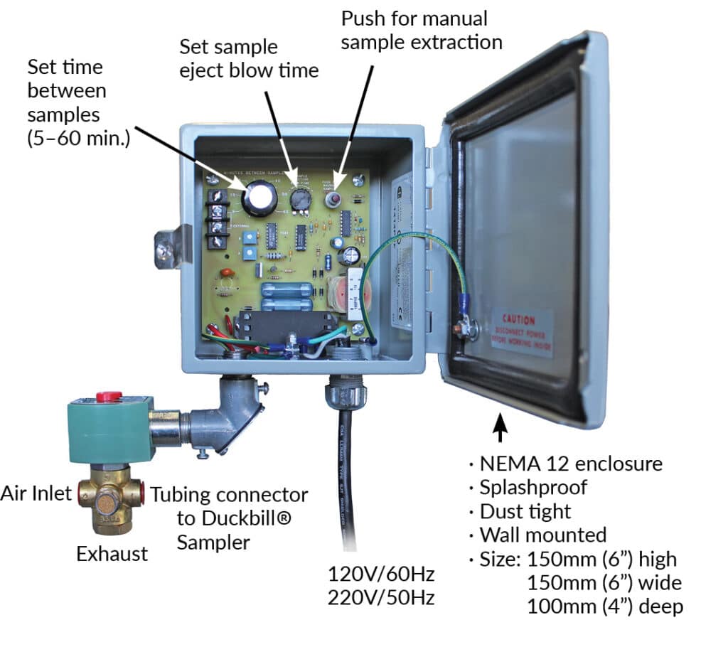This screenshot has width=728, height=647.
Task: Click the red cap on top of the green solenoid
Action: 109,396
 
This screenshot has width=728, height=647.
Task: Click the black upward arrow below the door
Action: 500,429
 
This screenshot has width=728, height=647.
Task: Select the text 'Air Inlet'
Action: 36,493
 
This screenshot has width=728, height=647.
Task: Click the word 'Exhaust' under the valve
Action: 112,553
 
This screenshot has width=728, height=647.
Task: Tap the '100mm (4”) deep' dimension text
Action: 604,606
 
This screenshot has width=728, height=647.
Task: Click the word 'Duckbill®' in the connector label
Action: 234,518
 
